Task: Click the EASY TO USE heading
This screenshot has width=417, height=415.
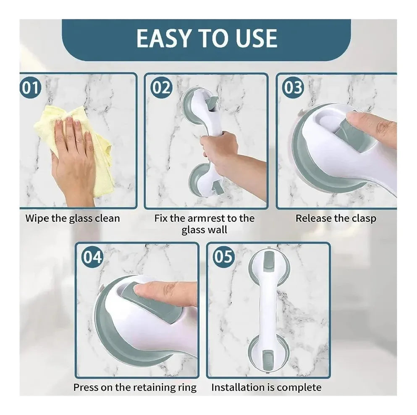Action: (x=207, y=38)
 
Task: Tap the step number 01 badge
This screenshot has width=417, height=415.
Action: (x=31, y=88)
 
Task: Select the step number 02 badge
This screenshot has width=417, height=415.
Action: (x=161, y=88)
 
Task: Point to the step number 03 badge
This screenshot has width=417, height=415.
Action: (x=293, y=88)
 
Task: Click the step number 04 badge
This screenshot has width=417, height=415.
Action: (x=92, y=257)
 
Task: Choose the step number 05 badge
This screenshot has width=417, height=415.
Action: (x=224, y=257)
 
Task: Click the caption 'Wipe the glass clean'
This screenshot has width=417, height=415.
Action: (x=73, y=218)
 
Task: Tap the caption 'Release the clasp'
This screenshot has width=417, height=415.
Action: (x=336, y=218)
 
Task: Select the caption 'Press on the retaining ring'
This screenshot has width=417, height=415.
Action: (x=135, y=388)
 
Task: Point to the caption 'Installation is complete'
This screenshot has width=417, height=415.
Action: (x=266, y=388)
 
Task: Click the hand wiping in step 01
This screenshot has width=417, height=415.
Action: (x=73, y=159)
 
